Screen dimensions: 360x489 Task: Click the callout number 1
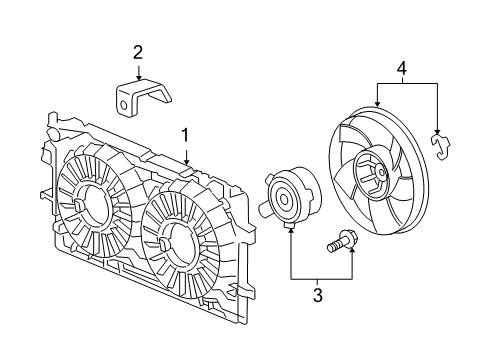186,133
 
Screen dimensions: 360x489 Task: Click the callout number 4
403,69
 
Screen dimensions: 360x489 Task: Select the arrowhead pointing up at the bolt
352,256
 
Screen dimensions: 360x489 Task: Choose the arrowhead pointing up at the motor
290,229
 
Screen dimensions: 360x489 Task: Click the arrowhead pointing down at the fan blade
377,104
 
